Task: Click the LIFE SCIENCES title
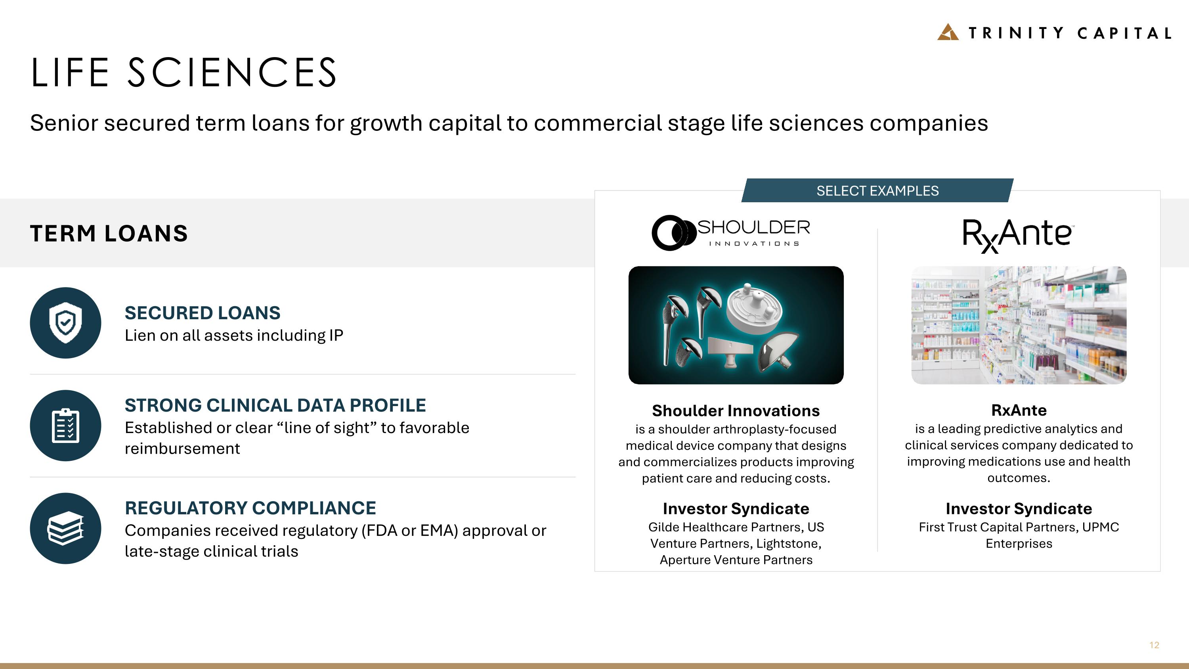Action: (184, 73)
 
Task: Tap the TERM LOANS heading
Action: (109, 233)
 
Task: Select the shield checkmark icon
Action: (65, 323)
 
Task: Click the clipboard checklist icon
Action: (65, 425)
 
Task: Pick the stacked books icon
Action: (65, 528)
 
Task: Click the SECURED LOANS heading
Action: (202, 313)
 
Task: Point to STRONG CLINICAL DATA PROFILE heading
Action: (275, 405)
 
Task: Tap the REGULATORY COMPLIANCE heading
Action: (250, 508)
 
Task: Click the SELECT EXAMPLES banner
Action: (877, 191)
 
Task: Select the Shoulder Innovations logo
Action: (731, 233)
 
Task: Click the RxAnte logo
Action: (1018, 234)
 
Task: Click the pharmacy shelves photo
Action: (1019, 325)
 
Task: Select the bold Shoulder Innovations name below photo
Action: (736, 410)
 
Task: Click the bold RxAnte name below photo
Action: (1019, 410)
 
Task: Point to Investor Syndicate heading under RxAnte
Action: (1019, 508)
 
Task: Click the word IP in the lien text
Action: (336, 335)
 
